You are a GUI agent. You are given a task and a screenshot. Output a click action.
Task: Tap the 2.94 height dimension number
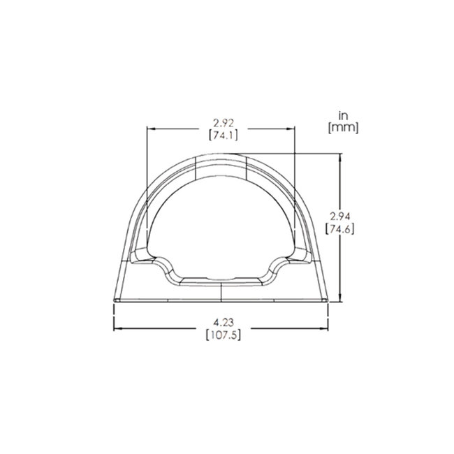pos(339,217)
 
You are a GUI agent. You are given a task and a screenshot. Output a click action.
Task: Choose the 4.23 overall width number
pos(221,323)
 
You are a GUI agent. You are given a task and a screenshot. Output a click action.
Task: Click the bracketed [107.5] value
pos(221,335)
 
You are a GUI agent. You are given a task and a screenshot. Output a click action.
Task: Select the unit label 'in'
pos(342,115)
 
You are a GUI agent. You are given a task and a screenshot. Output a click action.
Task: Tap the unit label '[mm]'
pos(342,127)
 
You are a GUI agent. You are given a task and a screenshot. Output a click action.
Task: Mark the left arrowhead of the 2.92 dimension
pos(149,129)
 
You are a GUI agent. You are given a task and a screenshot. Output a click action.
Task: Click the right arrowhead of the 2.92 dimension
pos(293,129)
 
